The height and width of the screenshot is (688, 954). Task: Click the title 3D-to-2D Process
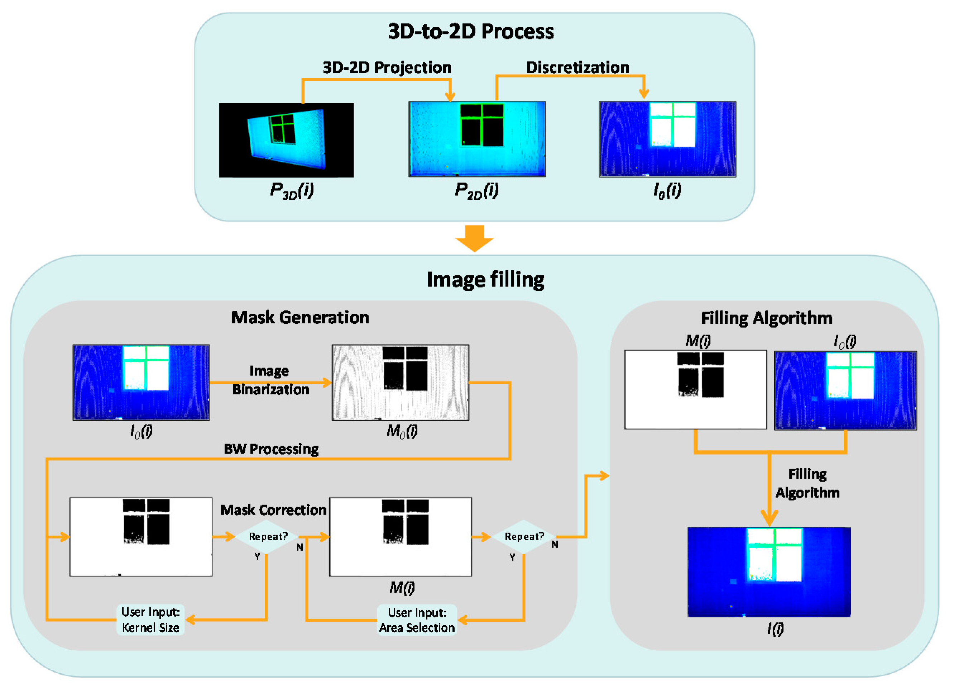click(471, 32)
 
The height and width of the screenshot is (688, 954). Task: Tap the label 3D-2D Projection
click(387, 68)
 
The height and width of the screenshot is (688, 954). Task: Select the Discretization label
click(577, 68)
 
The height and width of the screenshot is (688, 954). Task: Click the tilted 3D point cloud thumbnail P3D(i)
click(286, 140)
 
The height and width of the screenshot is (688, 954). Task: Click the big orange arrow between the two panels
click(474, 238)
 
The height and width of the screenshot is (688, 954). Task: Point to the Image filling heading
click(485, 280)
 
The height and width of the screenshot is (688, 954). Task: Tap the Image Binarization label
click(270, 380)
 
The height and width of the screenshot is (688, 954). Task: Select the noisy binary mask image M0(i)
click(401, 382)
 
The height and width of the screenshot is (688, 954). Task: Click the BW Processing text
click(271, 449)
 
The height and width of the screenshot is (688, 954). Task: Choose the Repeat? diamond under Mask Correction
click(268, 536)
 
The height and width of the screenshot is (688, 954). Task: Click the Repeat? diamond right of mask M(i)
click(524, 536)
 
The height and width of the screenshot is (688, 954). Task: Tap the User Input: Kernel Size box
click(150, 620)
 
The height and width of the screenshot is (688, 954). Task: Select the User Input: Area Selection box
click(417, 620)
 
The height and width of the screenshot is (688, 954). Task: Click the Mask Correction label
click(273, 510)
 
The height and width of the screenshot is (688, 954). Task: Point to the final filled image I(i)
click(768, 571)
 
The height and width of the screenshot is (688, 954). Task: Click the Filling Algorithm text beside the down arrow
click(807, 483)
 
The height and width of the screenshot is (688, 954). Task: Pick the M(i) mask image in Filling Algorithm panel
click(695, 389)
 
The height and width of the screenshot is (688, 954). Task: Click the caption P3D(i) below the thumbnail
click(292, 190)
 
